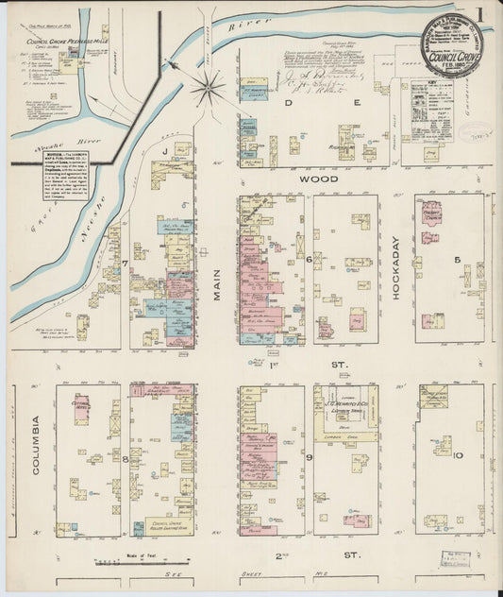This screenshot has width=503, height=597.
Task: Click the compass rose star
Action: point(208,90)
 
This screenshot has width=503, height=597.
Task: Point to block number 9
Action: point(310,457)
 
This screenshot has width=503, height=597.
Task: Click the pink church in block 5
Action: point(431,212)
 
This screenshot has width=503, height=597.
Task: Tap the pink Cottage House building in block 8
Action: point(82,408)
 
